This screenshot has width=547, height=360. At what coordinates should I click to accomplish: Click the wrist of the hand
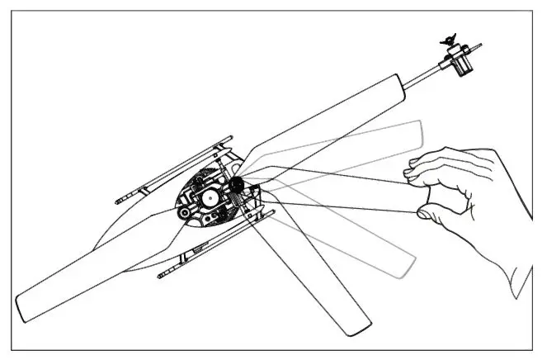coord(520,272)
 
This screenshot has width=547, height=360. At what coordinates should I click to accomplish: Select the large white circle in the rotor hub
coord(209,198)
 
